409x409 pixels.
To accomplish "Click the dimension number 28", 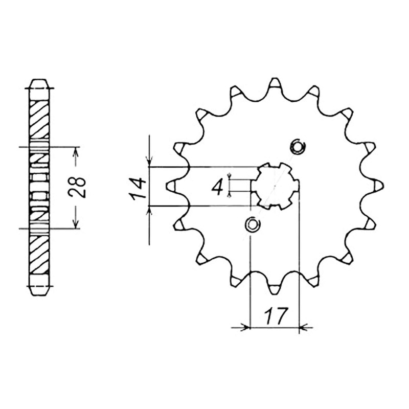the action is [x=77, y=188].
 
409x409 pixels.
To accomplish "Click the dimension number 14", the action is [x=138, y=189].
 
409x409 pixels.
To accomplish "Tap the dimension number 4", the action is [x=217, y=188].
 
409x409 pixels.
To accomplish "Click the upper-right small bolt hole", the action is [x=298, y=147].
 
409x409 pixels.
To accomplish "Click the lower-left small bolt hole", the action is [x=253, y=224].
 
